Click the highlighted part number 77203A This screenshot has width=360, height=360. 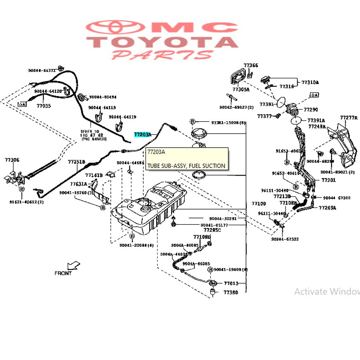point(143,135)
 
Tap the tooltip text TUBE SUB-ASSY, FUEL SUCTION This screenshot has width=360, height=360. point(186,166)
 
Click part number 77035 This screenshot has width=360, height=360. point(44,106)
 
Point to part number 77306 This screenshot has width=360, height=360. point(12,160)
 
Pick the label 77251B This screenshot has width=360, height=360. point(76,162)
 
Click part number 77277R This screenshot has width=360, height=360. point(349,118)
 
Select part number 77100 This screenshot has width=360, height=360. point(259,204)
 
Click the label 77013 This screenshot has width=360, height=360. point(231,283)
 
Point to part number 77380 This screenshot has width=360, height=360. point(230,292)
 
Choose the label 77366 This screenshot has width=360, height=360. point(251,66)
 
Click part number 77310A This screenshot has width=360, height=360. point(310,82)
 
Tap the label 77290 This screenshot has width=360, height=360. point(311,109)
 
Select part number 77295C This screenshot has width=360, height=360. point(212,230)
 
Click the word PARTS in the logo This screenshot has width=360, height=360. point(162,55)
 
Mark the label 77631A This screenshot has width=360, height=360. point(78,184)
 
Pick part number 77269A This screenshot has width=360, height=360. point(327,208)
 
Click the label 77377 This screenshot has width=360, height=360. point(264,116)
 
